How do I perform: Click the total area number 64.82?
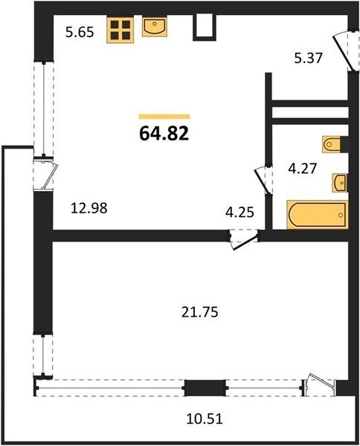tap(164, 133)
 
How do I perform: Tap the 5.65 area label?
tap(80, 33)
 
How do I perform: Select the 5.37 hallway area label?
tap(308, 58)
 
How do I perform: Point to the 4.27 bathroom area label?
tap(302, 169)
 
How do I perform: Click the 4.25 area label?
tap(240, 212)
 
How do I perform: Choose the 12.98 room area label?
tap(89, 208)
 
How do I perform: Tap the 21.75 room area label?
tap(200, 312)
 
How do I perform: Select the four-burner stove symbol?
tap(120, 30)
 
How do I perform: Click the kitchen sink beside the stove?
tap(155, 26)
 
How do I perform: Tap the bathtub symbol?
tap(318, 215)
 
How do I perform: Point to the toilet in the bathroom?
tap(332, 144)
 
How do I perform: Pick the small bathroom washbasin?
tap(340, 183)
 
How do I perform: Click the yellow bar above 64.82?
tap(164, 117)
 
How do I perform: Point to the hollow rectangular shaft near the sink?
tap(205, 27)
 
